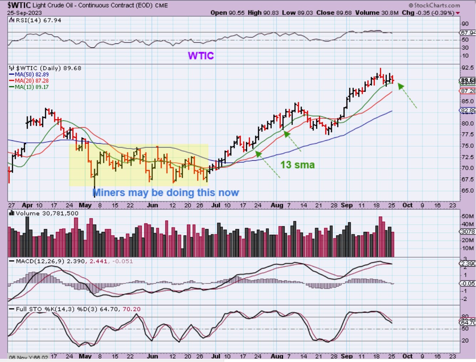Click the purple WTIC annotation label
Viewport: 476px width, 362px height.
pyautogui.click(x=201, y=56)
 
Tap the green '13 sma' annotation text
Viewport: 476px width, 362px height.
pyautogui.click(x=297, y=165)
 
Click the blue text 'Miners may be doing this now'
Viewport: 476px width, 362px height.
pyautogui.click(x=166, y=193)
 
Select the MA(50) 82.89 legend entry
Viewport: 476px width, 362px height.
pyautogui.click(x=32, y=74)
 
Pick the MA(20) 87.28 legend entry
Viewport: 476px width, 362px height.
pyautogui.click(x=32, y=81)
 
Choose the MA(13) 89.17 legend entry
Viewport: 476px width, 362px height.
pyautogui.click(x=32, y=87)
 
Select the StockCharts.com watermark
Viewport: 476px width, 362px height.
pyautogui.click(x=434, y=5)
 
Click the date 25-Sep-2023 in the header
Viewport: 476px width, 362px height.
pyautogui.click(x=24, y=13)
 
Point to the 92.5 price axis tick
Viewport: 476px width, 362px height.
pyautogui.click(x=467, y=68)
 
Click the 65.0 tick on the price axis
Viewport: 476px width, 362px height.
pyautogui.click(x=467, y=190)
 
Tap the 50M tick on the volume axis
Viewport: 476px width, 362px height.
pyautogui.click(x=467, y=216)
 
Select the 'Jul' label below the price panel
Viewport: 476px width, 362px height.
pyautogui.click(x=216, y=205)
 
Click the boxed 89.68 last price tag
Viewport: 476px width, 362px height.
pyautogui.click(x=468, y=81)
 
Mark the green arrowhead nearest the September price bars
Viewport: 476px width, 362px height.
pyautogui.click(x=401, y=86)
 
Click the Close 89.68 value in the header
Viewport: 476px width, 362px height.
pyautogui.click(x=334, y=13)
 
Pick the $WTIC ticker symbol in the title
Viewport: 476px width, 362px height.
pyautogui.click(x=19, y=5)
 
